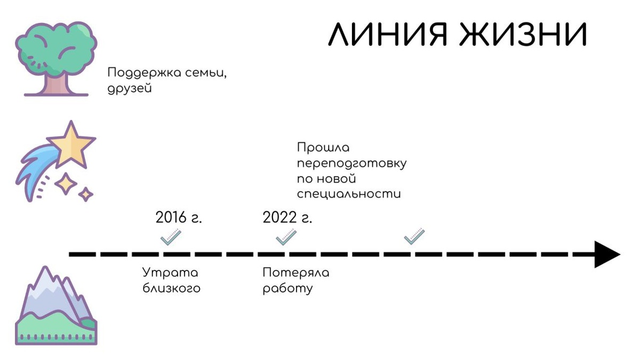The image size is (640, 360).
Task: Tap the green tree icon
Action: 56,59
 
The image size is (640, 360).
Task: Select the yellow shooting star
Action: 71,145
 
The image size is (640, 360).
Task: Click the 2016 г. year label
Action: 179,218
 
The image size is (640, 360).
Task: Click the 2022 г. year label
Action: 287,218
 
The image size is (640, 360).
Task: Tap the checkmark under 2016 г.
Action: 171,237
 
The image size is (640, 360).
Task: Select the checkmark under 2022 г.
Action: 286,237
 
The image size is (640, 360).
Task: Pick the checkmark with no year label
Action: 414,236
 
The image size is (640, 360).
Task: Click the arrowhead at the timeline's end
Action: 606,254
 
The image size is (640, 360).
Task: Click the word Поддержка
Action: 140,73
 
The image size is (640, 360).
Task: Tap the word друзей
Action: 130,89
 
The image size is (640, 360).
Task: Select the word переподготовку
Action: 351,163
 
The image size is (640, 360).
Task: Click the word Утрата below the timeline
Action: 170,273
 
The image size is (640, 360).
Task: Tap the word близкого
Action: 171,289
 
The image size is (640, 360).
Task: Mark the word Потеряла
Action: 296,273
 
